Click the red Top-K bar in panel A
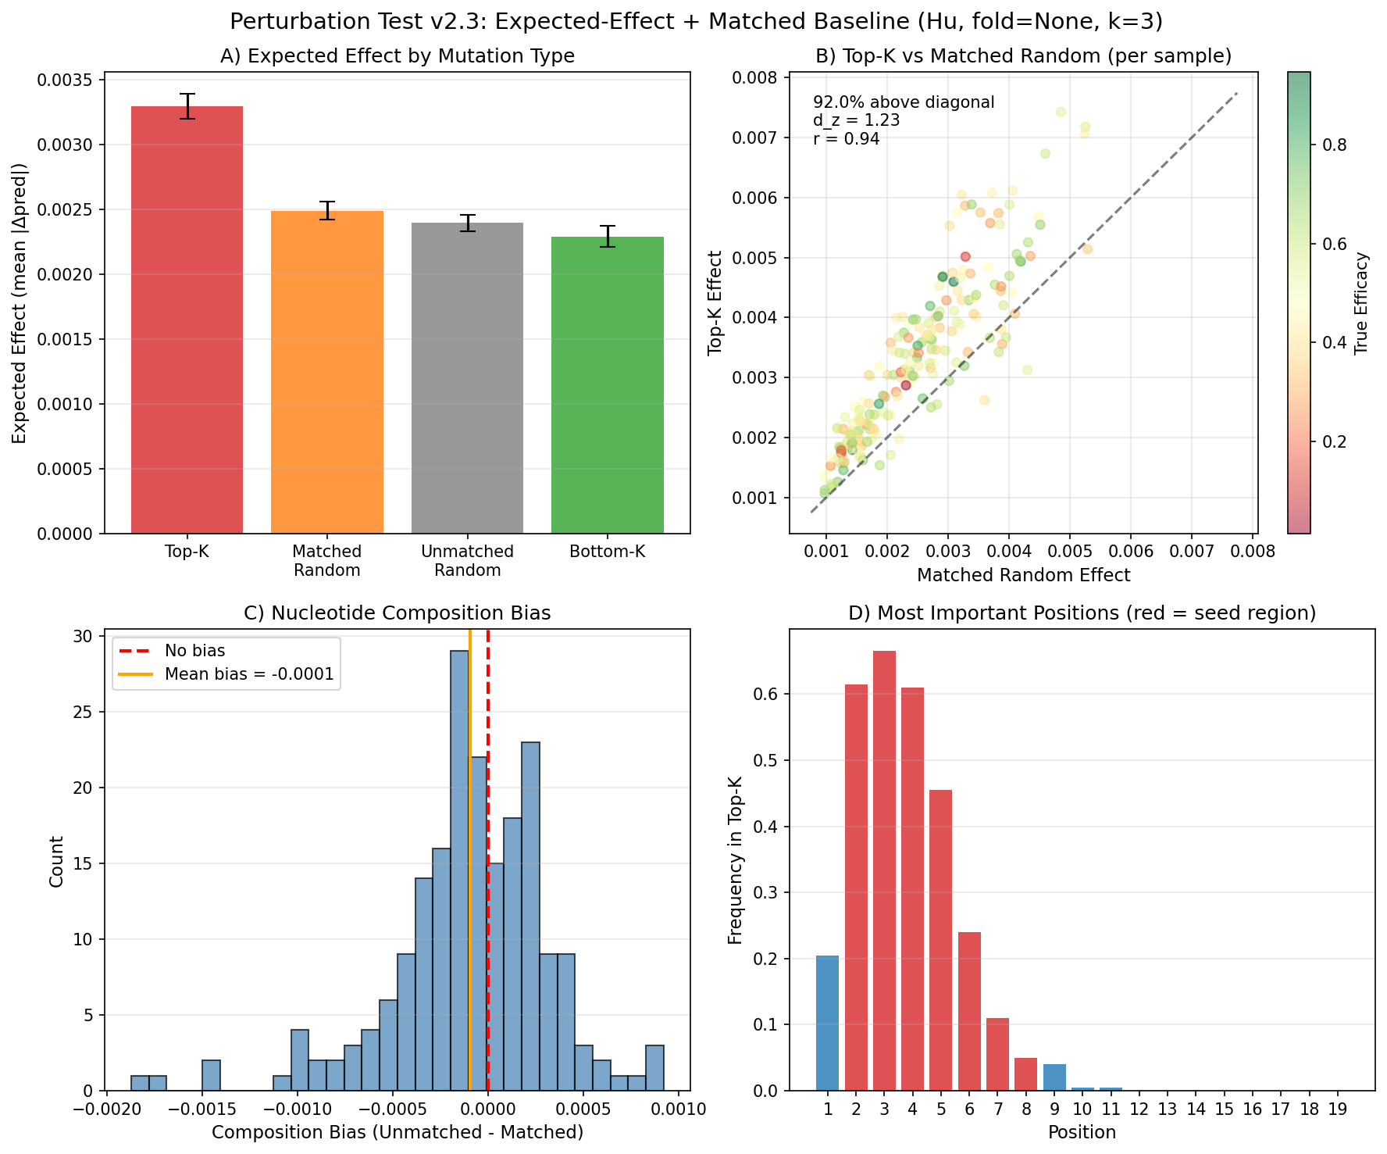coord(187,320)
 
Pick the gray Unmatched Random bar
coord(467,378)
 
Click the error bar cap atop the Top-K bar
coord(187,94)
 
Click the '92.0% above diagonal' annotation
coord(904,102)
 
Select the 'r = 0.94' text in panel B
coord(847,139)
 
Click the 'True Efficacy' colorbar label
coord(1362,303)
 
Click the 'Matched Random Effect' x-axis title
coord(1023,576)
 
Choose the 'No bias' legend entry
coord(194,651)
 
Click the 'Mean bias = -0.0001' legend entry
coord(248,674)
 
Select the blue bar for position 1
coord(827,1023)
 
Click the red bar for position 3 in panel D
coord(884,870)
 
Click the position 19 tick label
coord(1337,1110)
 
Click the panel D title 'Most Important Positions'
coord(1082,613)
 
